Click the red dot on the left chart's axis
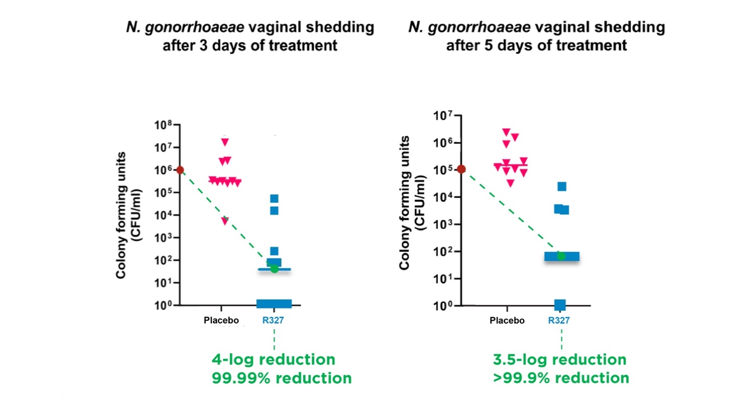(x=180, y=170)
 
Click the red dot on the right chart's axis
(x=461, y=169)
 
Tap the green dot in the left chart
(x=274, y=269)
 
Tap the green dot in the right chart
(x=561, y=256)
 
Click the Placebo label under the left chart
(x=221, y=320)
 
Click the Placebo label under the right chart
(x=508, y=321)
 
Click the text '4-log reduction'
(x=273, y=360)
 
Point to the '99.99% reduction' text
(x=282, y=378)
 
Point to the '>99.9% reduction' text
(x=561, y=378)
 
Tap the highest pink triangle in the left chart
(x=225, y=142)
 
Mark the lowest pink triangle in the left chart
(x=225, y=221)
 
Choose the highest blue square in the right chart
(x=562, y=186)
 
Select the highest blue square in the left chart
(x=274, y=198)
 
